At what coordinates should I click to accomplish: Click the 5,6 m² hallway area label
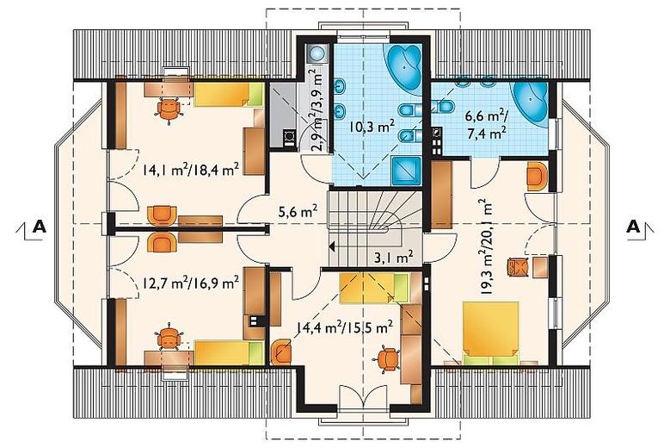point(298,211)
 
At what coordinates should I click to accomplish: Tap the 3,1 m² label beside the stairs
point(394,257)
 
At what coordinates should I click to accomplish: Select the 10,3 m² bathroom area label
point(371,127)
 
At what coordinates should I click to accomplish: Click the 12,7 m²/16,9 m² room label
point(190,283)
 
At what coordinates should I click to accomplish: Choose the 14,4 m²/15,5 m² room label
point(344,327)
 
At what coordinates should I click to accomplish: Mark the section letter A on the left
point(40,226)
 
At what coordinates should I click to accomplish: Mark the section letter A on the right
point(633,226)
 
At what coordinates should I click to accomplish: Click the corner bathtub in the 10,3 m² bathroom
point(404,68)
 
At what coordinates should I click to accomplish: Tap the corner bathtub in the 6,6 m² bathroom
point(532,101)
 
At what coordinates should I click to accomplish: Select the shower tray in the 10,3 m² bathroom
point(406,170)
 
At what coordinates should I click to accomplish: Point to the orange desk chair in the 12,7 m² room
point(169,336)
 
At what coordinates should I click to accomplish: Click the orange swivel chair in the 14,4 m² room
point(389,358)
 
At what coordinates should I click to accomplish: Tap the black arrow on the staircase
point(332,246)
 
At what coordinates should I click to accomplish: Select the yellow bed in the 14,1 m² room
point(228,94)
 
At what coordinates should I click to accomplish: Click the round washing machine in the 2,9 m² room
point(317,53)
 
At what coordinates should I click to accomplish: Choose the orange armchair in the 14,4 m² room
point(281,351)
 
